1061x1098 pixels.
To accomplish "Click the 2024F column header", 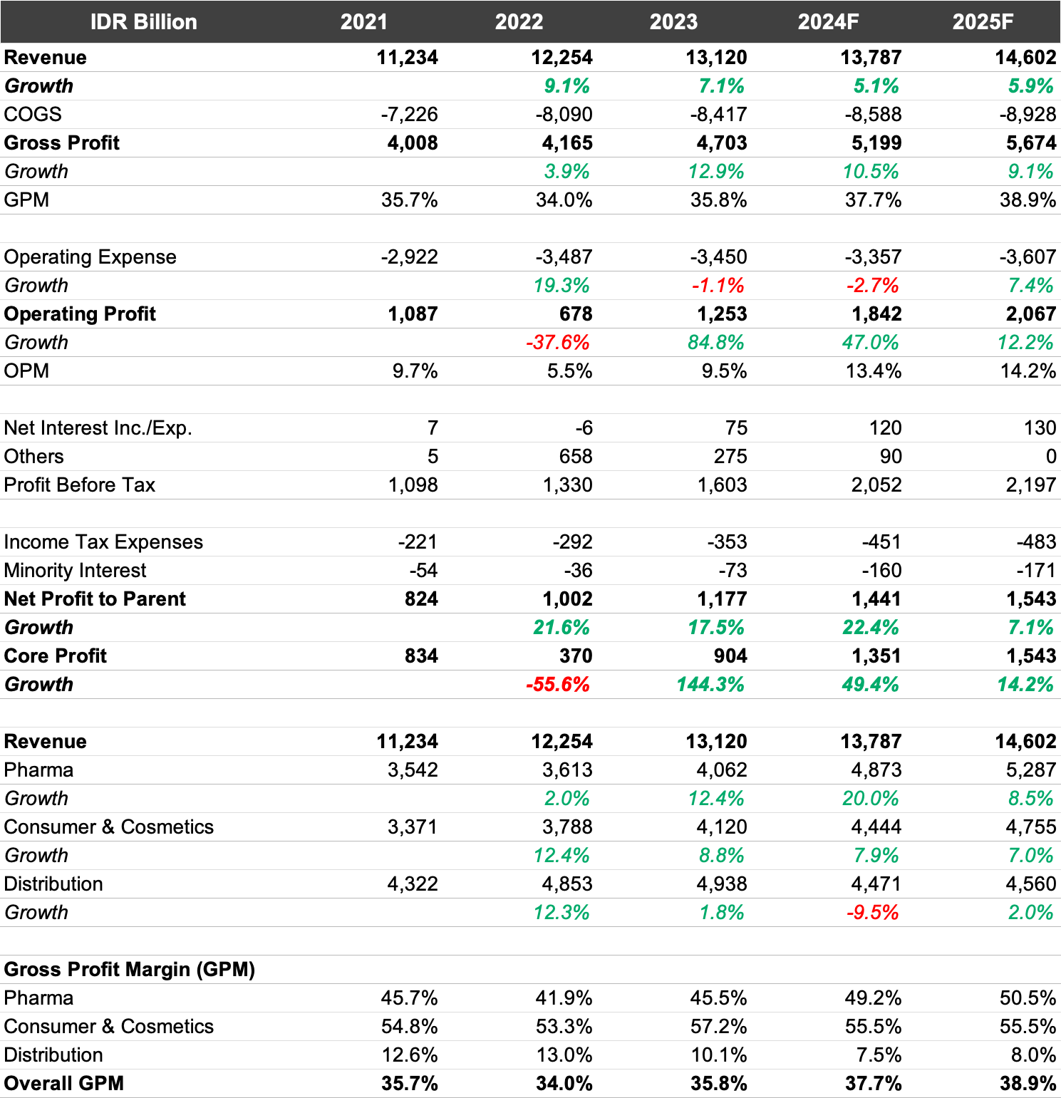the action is pos(828,21).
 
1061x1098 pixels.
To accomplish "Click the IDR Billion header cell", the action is pos(143,21).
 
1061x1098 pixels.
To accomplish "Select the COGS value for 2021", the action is pos(409,114).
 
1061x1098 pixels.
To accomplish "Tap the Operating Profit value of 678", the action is pos(576,314).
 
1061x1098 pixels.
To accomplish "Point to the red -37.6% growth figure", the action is pos(558,342).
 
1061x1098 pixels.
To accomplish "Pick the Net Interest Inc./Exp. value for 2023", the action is pos(736,428).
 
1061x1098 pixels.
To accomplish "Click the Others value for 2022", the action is pos(576,456).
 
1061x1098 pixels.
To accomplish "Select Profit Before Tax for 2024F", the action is pos(876,485).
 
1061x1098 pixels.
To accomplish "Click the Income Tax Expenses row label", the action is pos(103,542).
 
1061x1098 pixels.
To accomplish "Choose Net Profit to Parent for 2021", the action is pos(421,599).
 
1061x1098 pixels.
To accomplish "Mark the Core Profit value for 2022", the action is pos(576,656).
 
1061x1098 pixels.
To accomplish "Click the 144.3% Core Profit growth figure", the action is pos(710,684).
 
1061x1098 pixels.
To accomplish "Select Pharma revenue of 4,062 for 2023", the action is pos(722,770).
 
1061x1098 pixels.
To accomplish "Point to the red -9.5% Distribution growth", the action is pos(873,912).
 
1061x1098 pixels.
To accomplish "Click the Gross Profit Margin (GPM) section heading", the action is pos(130,969).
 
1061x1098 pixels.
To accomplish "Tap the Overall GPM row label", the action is pos(64,1083).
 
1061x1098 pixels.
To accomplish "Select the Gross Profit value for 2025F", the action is pos(1031,143).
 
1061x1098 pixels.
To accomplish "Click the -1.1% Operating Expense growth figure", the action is pos(718,285).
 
